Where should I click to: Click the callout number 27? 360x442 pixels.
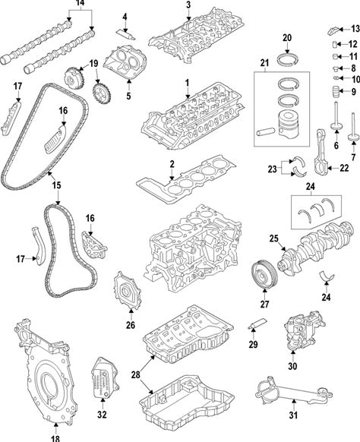pos(264,304)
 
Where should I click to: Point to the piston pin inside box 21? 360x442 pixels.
pos(266,131)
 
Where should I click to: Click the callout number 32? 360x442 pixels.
pos(102,414)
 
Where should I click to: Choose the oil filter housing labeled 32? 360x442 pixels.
pos(106,378)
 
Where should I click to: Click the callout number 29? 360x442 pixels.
pos(253,344)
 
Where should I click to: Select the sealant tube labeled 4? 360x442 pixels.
pos(126,34)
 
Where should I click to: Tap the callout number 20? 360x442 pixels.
pos(287,38)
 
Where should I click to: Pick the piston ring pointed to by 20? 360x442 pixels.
pos(287,59)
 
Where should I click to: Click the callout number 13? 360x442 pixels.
pos(355,28)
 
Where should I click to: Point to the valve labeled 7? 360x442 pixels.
pos(352,127)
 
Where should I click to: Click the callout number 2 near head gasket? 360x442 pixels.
pos(172,164)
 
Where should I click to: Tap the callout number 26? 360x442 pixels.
pos(131,325)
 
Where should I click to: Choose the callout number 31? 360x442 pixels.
pos(293,415)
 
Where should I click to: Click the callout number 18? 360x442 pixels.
pos(55,438)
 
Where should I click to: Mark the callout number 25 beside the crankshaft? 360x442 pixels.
pos(273,238)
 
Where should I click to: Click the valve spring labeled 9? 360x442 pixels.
pos(335,92)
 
